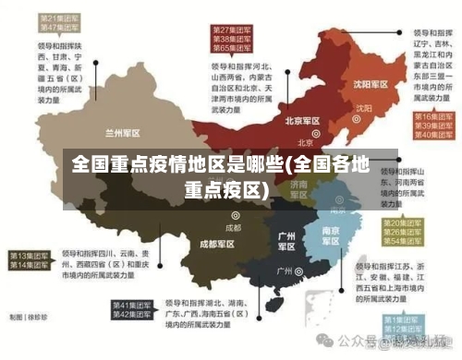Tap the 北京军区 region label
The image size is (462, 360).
point(303,121)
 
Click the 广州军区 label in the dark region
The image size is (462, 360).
point(286,241)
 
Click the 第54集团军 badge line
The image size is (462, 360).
point(407,241)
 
